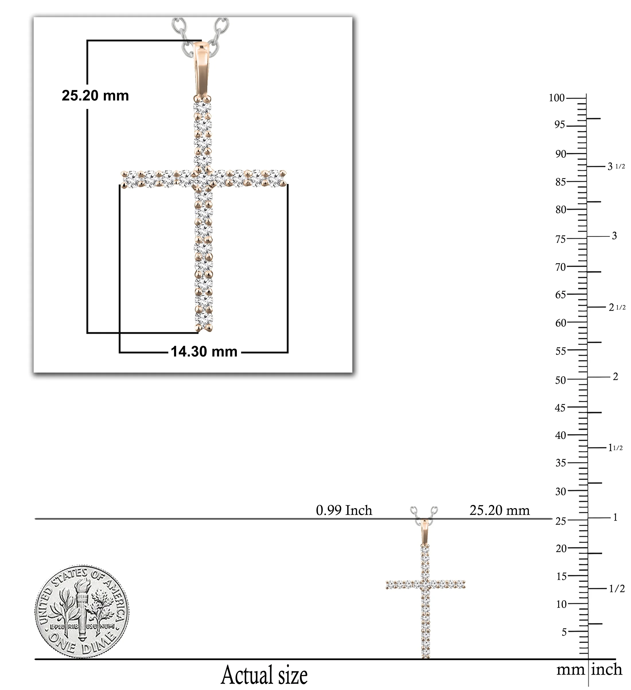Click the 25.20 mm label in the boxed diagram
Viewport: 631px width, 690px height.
pyautogui.click(x=95, y=95)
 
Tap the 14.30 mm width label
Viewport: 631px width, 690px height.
pyautogui.click(x=204, y=352)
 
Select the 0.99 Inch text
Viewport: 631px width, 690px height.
pyautogui.click(x=344, y=510)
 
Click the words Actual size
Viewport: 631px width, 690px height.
pyautogui.click(x=264, y=675)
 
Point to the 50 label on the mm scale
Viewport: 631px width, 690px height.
pyautogui.click(x=560, y=380)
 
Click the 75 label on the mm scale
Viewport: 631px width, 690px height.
pyautogui.click(x=560, y=239)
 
